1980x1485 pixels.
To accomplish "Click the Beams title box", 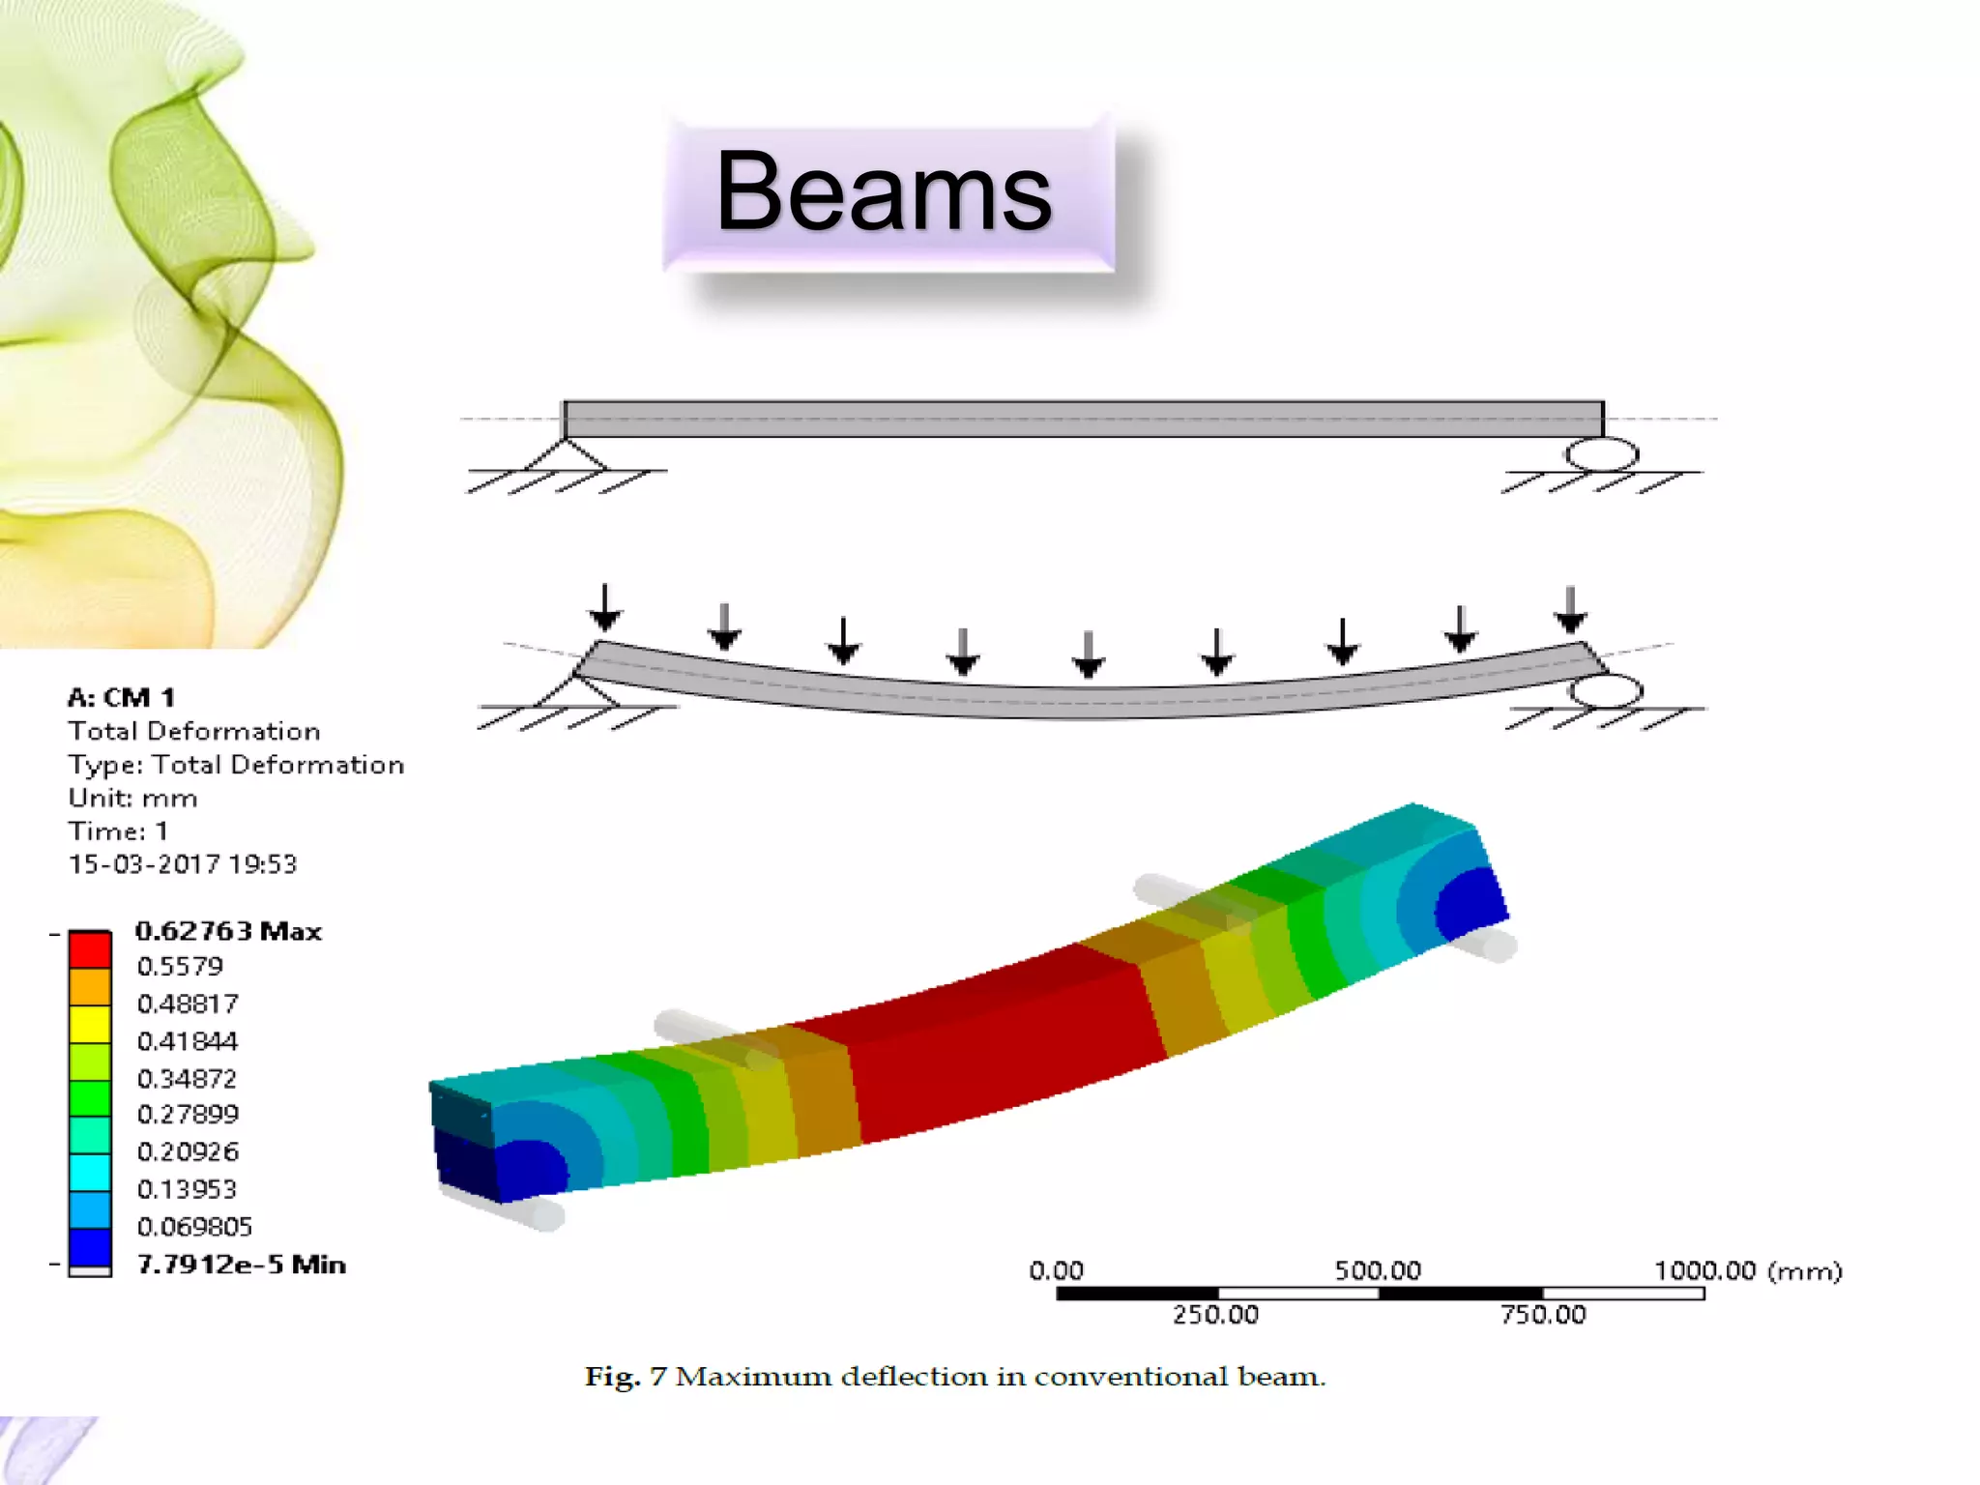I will point(888,193).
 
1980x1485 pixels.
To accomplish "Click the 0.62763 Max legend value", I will point(228,931).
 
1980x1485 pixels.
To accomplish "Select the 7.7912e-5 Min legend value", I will point(241,1265).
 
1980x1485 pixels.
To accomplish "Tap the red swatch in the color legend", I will point(90,948).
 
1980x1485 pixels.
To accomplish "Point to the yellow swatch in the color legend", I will point(90,1024).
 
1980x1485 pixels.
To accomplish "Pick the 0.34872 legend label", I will point(187,1078).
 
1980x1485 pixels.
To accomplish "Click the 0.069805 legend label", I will point(194,1227).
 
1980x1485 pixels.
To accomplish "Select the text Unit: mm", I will point(132,799).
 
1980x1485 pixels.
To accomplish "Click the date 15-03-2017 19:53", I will point(182,864).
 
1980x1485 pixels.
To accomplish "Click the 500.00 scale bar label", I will point(1378,1270).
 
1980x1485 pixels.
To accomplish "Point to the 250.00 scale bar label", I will point(1215,1315).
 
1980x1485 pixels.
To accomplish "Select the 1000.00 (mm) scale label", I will point(1747,1270).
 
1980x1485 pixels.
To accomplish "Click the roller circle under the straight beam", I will point(1602,454).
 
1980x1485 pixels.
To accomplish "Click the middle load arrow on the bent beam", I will point(1089,654).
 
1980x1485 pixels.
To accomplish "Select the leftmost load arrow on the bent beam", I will point(605,608).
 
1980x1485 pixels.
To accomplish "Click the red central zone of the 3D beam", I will point(996,1044).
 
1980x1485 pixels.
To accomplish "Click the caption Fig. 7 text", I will point(954,1376).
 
